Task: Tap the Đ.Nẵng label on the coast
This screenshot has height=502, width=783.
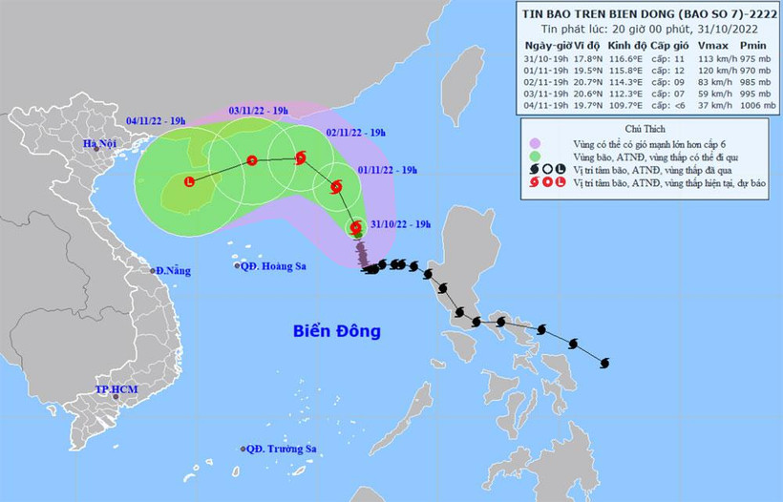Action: click(173, 271)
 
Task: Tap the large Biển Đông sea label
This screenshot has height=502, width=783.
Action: click(336, 332)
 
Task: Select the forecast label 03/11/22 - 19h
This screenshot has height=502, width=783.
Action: click(259, 111)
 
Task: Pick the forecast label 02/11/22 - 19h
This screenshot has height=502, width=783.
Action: click(356, 133)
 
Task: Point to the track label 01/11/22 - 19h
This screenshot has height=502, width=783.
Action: click(387, 169)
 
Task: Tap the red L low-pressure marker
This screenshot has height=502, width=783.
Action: click(189, 181)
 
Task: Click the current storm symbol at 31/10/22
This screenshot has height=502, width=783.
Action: click(356, 228)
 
